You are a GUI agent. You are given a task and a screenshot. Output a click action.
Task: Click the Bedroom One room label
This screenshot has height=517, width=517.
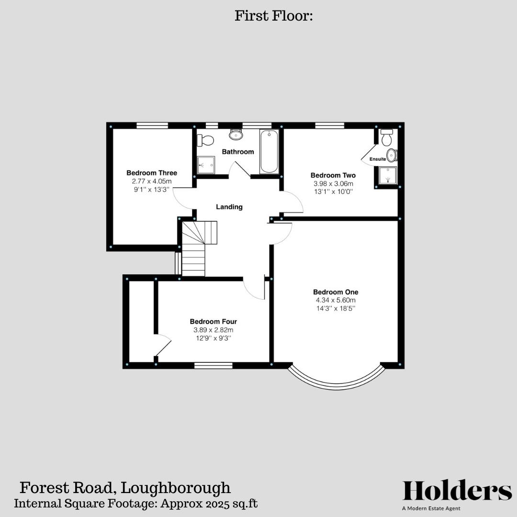[x=336, y=292]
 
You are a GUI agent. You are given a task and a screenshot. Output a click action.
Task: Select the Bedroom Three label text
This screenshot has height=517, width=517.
[x=152, y=173]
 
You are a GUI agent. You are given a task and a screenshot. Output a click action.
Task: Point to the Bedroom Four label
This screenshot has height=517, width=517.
[x=213, y=322]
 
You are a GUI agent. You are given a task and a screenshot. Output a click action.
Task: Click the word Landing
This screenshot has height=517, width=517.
[x=229, y=207]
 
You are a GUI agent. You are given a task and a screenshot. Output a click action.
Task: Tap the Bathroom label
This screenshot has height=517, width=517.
[x=238, y=152]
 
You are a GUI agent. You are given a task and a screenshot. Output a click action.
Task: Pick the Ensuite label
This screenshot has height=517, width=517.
[x=378, y=159]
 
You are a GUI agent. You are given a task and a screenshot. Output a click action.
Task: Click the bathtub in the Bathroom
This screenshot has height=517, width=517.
[x=269, y=151]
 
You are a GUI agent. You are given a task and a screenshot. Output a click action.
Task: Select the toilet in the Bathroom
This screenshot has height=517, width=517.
[x=206, y=140]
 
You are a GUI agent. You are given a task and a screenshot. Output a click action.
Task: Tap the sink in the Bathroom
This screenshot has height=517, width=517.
[x=236, y=135]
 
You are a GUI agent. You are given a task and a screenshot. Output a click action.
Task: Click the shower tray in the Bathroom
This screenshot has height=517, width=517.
[x=206, y=165]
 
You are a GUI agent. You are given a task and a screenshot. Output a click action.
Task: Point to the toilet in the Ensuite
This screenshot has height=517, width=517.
[x=387, y=137]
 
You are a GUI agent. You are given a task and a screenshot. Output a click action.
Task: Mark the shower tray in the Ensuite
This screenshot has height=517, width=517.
[x=388, y=175]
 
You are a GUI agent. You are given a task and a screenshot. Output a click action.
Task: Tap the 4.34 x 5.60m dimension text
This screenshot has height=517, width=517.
[x=336, y=300]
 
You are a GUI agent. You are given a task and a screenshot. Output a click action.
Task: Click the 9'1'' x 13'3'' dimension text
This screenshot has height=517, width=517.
[x=152, y=190]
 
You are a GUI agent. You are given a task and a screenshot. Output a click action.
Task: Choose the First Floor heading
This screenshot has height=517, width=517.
[x=273, y=16]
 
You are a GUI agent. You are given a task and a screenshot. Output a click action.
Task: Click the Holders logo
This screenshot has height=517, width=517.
[x=457, y=491]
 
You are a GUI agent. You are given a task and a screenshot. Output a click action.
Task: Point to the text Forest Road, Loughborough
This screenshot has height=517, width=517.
[x=125, y=488]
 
